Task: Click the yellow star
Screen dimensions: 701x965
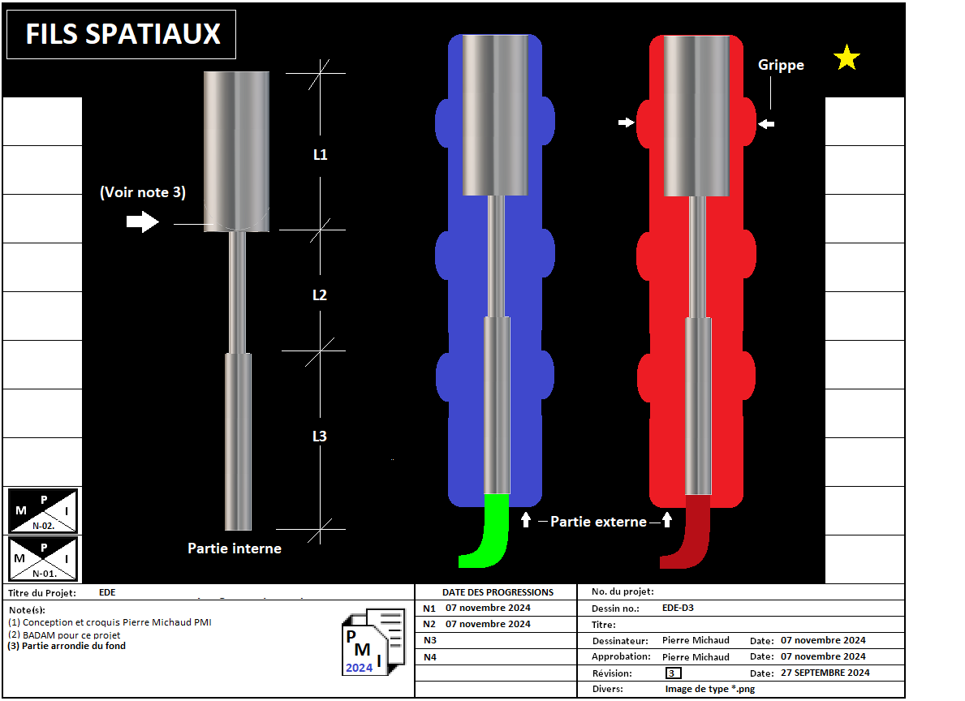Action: pyautogui.click(x=847, y=58)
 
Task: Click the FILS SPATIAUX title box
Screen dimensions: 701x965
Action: pyautogui.click(x=122, y=34)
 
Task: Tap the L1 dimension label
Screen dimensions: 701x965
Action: pyautogui.click(x=321, y=154)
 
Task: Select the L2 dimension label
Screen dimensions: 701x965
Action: pyautogui.click(x=320, y=295)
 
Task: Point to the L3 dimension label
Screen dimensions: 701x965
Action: pyautogui.click(x=320, y=437)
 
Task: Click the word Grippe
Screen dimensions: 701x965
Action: pyautogui.click(x=781, y=65)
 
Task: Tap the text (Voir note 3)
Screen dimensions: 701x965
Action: pyautogui.click(x=143, y=192)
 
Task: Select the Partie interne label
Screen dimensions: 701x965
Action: pyautogui.click(x=235, y=548)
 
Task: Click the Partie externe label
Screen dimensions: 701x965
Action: pyautogui.click(x=598, y=522)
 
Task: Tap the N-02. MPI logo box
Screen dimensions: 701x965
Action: pyautogui.click(x=43, y=510)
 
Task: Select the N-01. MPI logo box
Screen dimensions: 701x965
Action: pyautogui.click(x=43, y=558)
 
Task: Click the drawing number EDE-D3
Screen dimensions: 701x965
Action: pyautogui.click(x=678, y=608)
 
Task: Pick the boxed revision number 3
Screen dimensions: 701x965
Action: pyautogui.click(x=673, y=673)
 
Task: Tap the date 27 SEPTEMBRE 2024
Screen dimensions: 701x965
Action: pyautogui.click(x=825, y=673)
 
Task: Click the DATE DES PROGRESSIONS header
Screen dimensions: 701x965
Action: pyautogui.click(x=498, y=592)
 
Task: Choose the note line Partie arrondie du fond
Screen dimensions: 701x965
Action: pyautogui.click(x=67, y=646)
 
